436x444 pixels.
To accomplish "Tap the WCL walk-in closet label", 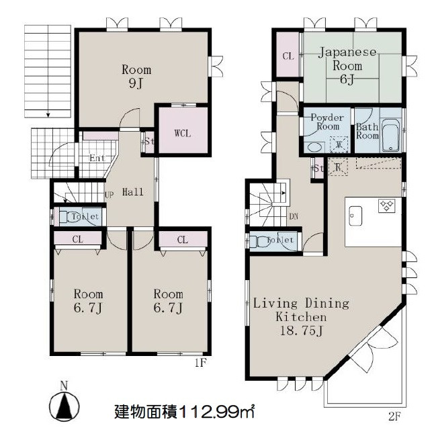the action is click(183, 133).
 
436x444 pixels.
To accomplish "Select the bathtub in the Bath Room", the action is click(391, 136).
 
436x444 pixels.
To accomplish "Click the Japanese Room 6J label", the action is click(347, 66).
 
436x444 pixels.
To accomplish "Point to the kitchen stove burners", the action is click(386, 206).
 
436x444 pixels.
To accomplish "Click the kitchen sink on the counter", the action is click(355, 216).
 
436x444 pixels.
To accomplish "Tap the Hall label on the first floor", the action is click(133, 192).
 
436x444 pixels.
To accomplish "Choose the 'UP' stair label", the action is click(110, 195).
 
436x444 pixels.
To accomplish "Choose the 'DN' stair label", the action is click(294, 216).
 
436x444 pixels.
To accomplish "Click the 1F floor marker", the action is click(201, 362).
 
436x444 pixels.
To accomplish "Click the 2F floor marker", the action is click(394, 416).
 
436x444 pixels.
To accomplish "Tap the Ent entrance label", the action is click(97, 158).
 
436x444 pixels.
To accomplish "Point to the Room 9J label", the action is click(136, 77).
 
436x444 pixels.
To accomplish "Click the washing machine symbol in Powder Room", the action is click(339, 144).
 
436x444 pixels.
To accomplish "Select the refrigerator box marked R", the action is click(338, 167).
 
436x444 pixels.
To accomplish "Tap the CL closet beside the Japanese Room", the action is click(288, 54).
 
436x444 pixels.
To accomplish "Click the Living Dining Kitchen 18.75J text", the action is click(301, 317).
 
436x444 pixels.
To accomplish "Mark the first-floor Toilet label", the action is click(85, 217).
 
